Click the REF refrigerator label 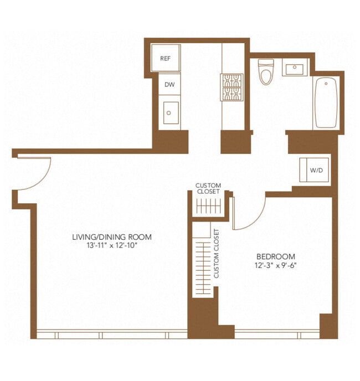pyautogui.click(x=165, y=58)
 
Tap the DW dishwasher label pyautogui.click(x=169, y=85)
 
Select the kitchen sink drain pyautogui.click(x=169, y=113)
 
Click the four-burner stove pyautogui.click(x=232, y=87)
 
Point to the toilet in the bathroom pyautogui.click(x=266, y=71)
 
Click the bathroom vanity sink pyautogui.click(x=294, y=69)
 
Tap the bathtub pyautogui.click(x=326, y=102)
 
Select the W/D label pyautogui.click(x=316, y=170)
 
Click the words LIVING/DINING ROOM pyautogui.click(x=112, y=237)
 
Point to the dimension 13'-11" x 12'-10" pyautogui.click(x=112, y=246)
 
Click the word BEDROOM pyautogui.click(x=276, y=256)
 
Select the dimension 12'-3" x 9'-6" pyautogui.click(x=276, y=265)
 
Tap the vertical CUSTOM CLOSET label pyautogui.click(x=216, y=254)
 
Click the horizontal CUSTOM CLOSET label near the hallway pyautogui.click(x=208, y=188)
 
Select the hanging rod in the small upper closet pyautogui.click(x=209, y=207)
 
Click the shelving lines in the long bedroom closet pyautogui.click(x=203, y=268)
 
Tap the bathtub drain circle pyautogui.click(x=326, y=84)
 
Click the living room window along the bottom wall pyautogui.click(x=112, y=334)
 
